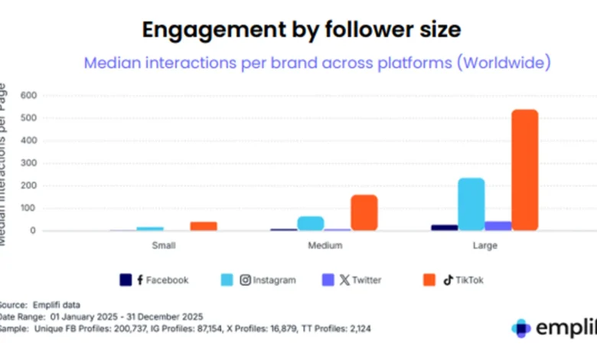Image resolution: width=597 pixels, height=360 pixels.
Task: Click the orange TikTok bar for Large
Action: coord(524,169)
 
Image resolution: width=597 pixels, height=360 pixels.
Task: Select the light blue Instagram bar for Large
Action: coord(471,204)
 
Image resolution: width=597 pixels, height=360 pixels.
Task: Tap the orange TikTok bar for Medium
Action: coord(364,212)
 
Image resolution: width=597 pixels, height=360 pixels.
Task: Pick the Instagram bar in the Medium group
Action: coord(310,223)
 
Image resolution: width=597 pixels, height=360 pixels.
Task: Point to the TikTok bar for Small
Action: coord(203,226)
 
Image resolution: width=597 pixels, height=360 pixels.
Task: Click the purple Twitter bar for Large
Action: coord(497,226)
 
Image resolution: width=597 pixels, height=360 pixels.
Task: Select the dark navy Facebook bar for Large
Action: coord(444,227)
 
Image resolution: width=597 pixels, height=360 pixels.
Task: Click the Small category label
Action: coord(163,246)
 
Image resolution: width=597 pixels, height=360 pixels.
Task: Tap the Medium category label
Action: coord(325,246)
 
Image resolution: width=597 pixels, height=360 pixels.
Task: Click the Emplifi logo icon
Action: coord(521,328)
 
